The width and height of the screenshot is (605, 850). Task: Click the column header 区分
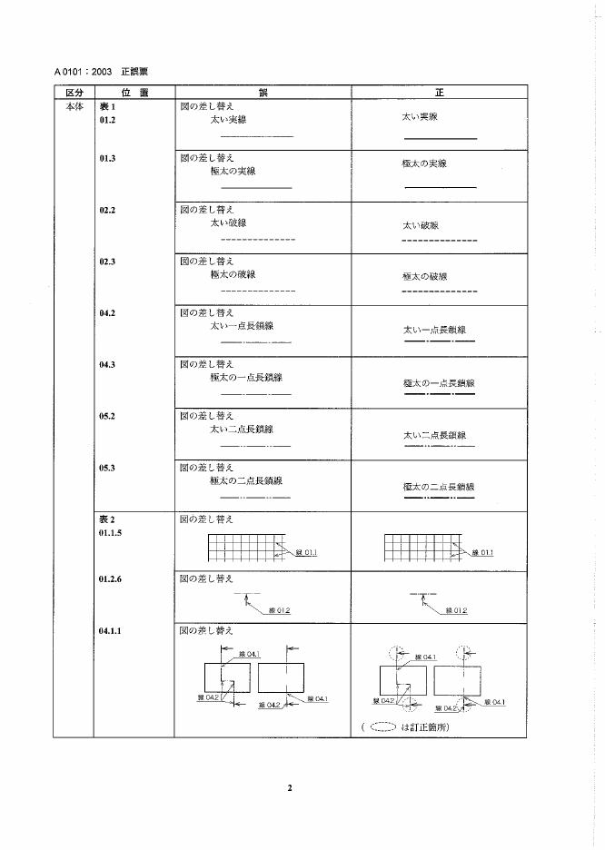tap(74, 93)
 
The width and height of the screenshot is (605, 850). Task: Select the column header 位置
tap(134, 93)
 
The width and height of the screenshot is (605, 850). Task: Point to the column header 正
tap(440, 93)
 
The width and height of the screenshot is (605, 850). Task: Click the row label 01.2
tap(108, 118)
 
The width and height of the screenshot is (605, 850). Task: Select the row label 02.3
tap(108, 261)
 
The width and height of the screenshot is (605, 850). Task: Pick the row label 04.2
tap(108, 313)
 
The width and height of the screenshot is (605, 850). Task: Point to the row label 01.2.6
tap(112, 578)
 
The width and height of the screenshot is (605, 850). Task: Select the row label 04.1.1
tap(112, 629)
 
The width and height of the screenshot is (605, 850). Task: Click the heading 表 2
tap(108, 519)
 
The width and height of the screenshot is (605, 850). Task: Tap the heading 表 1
tap(108, 105)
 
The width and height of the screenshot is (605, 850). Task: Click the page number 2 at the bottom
tap(290, 787)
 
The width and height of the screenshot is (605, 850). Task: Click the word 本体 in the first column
tap(74, 105)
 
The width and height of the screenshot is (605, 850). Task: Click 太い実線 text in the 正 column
tap(420, 118)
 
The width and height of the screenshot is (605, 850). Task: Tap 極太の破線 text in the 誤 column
tap(233, 273)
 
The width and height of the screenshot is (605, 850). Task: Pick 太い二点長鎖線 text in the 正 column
tap(434, 436)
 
